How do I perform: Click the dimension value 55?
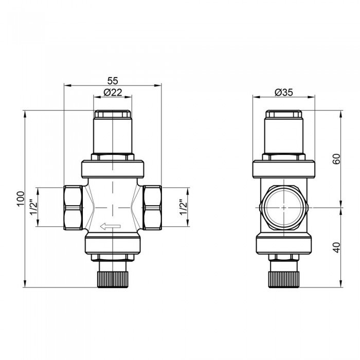(112, 81)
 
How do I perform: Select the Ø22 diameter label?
(112, 93)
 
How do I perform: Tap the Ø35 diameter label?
(283, 93)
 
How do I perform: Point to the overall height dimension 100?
(20, 199)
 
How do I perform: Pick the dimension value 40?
(336, 247)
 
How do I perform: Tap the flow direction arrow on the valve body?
(111, 225)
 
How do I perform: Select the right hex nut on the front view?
(152, 207)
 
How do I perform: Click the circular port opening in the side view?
(283, 207)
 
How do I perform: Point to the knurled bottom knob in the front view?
(112, 277)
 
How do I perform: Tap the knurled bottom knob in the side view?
(283, 277)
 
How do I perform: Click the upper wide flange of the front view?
(112, 169)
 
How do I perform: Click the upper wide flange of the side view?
(283, 169)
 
